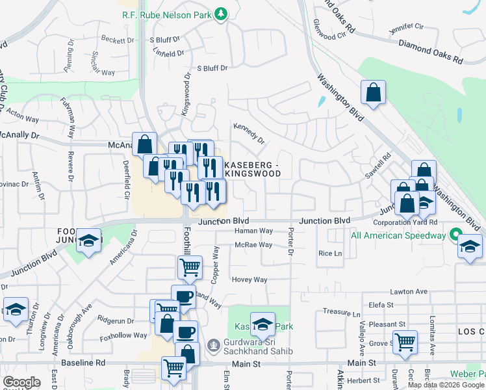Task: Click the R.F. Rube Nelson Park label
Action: pyautogui.click(x=166, y=13)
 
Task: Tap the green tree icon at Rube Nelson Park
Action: pyautogui.click(x=222, y=13)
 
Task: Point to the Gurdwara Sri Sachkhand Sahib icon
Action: pyautogui.click(x=212, y=344)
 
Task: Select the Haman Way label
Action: pyautogui.click(x=253, y=231)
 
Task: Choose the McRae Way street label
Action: pyautogui.click(x=253, y=245)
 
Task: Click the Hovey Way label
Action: pyautogui.click(x=250, y=280)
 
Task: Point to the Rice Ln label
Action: pyautogui.click(x=329, y=253)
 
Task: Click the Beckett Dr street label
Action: pyautogui.click(x=118, y=40)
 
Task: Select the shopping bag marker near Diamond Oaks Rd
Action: pyautogui.click(x=374, y=94)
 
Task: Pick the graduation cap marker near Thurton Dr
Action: pyautogui.click(x=16, y=311)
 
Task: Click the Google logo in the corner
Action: pyautogui.click(x=21, y=382)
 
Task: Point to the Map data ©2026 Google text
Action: pyautogui.click(x=446, y=385)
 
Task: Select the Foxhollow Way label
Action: pyautogui.click(x=123, y=335)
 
